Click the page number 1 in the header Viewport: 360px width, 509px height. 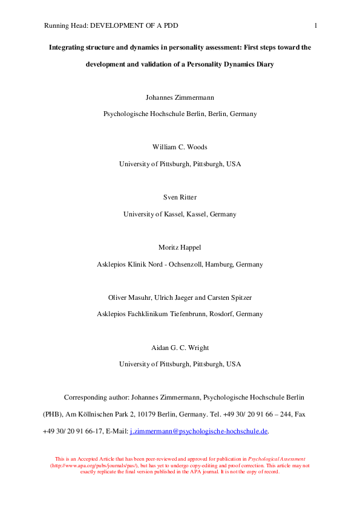point(316,25)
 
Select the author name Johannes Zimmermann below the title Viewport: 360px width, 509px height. point(180,97)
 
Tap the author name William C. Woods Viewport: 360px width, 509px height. point(180,147)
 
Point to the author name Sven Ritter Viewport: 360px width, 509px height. point(180,197)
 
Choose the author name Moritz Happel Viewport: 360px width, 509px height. point(180,247)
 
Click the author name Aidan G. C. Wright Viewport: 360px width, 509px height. point(180,348)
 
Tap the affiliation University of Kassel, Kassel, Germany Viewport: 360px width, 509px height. point(180,214)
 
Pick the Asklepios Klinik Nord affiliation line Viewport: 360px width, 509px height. point(180,264)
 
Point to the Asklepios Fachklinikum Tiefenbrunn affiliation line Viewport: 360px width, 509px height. point(180,314)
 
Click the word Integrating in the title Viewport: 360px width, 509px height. point(68,47)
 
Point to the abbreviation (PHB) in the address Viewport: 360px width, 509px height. point(52,415)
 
